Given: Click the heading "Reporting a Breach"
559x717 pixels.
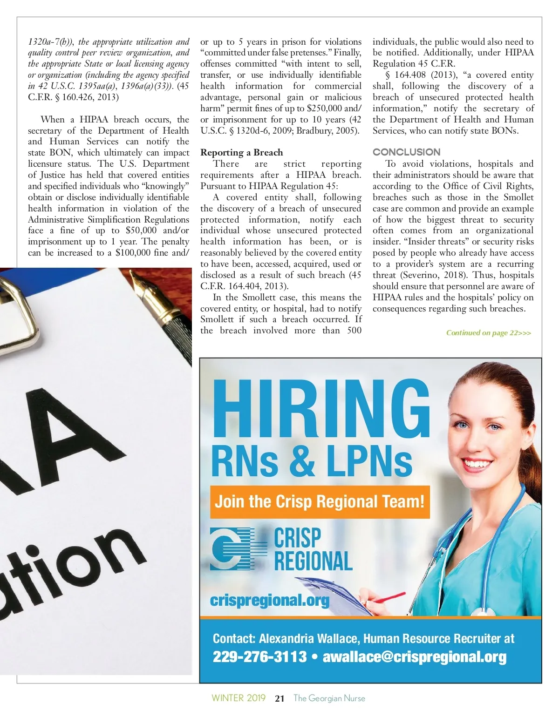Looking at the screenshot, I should (241, 153).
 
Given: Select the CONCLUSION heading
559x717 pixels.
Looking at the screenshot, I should (406, 152).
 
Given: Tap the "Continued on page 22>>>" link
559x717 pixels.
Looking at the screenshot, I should (488, 333).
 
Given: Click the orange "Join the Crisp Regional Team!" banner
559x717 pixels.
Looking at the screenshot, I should (320, 502).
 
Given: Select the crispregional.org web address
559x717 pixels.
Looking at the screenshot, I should (270, 600).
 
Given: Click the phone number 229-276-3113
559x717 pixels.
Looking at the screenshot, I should (259, 657).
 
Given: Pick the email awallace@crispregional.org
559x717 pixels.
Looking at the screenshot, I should (414, 657).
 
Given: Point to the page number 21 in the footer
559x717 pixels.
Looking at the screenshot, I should (279, 698).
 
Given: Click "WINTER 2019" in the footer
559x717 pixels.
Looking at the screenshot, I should (239, 698).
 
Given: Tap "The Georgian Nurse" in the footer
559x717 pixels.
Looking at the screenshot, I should (329, 698).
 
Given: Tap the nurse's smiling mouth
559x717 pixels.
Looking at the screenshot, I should (476, 463).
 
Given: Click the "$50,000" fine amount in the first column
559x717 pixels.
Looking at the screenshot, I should (141, 230).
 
